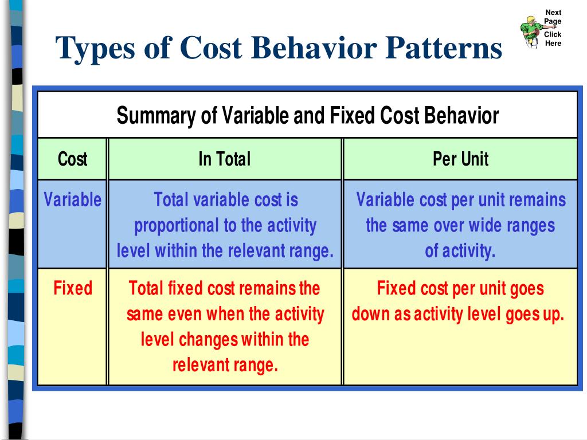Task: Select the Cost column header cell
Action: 72,159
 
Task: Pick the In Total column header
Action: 224,159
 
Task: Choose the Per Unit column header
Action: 460,159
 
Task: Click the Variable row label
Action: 72,200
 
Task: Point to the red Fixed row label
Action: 72,288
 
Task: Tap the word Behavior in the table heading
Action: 461,116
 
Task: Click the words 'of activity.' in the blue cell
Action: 460,252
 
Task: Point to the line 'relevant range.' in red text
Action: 225,365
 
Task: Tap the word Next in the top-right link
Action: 553,13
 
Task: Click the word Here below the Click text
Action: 553,43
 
